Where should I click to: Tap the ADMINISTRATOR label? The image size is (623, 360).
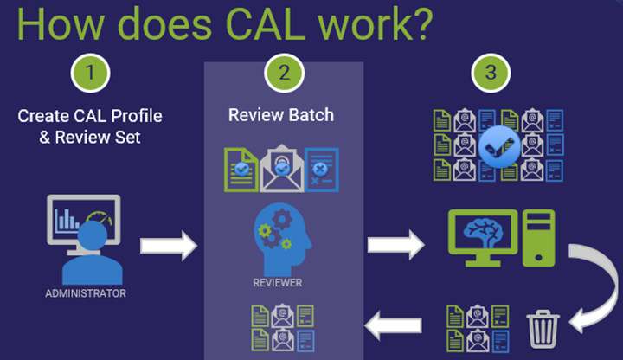[86, 293]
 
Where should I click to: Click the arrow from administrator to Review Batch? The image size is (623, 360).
[169, 247]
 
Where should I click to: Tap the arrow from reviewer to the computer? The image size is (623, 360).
[395, 246]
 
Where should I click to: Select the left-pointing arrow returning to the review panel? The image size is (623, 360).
[394, 326]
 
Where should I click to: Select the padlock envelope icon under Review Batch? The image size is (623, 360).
[281, 168]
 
